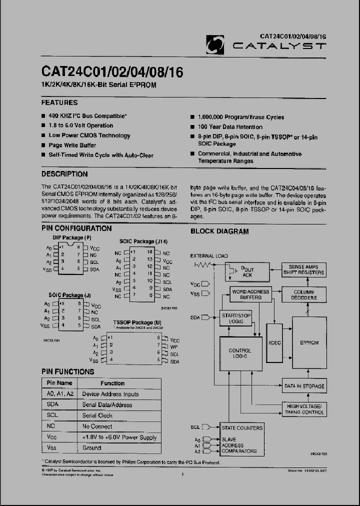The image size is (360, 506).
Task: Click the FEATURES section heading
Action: pyautogui.click(x=59, y=102)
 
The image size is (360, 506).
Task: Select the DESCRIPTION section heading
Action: pyautogui.click(x=64, y=174)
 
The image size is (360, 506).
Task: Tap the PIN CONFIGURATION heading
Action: pyautogui.click(x=76, y=228)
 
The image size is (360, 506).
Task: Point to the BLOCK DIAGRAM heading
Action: pyautogui.click(x=219, y=231)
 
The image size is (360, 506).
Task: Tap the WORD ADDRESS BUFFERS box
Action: pyautogui.click(x=251, y=294)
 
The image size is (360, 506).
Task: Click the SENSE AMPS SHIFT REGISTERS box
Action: pyautogui.click(x=303, y=270)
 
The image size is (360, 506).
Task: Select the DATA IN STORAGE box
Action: pyautogui.click(x=304, y=386)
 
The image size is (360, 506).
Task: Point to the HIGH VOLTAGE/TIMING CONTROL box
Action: pyautogui.click(x=304, y=409)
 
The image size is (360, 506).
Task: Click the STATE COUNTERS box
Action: pyautogui.click(x=241, y=428)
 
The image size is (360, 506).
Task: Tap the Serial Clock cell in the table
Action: pyautogui.click(x=97, y=415)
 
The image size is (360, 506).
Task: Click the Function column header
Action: pyautogui.click(x=112, y=383)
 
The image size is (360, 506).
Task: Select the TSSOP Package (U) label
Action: pyautogui.click(x=137, y=322)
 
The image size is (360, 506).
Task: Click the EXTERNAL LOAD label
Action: pyautogui.click(x=208, y=256)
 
